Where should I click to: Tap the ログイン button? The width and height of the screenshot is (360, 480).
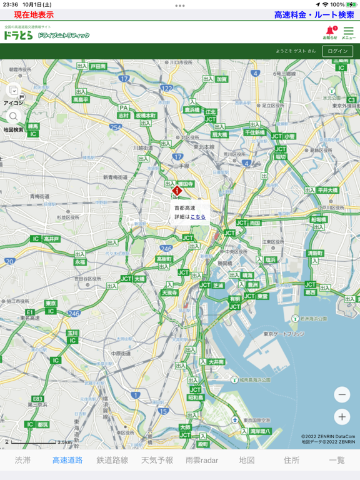pos(337,51)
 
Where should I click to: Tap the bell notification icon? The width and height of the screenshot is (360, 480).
pos(329,31)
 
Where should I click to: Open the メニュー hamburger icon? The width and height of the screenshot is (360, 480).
pos(348,31)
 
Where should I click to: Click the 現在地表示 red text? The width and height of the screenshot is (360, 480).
pos(34,15)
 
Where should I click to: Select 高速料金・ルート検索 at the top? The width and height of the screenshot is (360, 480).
pos(314,15)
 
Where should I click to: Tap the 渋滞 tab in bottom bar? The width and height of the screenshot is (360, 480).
pos(22,460)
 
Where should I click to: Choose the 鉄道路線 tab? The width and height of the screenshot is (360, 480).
pos(112,460)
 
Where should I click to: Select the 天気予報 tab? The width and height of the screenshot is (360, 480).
pos(157,460)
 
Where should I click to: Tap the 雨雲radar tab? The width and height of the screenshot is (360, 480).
pos(202,460)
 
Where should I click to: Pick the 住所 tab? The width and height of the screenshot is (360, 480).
pos(292,460)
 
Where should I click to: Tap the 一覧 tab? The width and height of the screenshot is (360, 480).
pos(337,460)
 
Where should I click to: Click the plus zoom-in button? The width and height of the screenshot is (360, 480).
pos(342,417)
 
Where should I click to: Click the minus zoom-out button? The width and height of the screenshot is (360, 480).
pos(342,394)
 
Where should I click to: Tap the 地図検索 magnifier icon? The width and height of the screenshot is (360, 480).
pos(14,117)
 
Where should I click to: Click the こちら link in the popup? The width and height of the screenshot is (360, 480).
pos(198,217)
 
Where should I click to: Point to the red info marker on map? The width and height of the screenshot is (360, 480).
pos(177,191)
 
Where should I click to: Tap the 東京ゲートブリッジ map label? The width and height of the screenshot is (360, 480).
pos(284,334)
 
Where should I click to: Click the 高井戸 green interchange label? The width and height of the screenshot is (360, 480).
pos(52,239)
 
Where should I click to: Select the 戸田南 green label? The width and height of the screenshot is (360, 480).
pos(99,66)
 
